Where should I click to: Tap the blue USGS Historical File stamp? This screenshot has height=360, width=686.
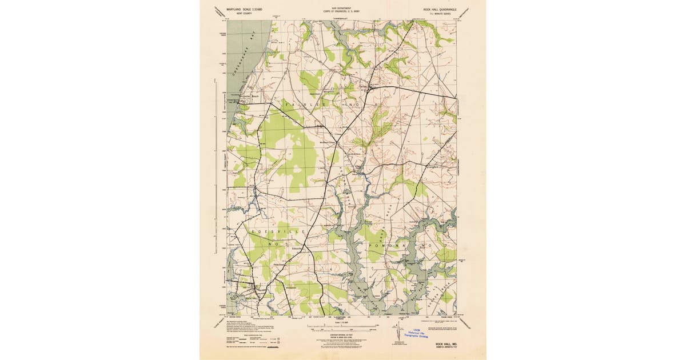421,334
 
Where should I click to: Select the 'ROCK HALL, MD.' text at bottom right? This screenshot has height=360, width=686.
444,343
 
